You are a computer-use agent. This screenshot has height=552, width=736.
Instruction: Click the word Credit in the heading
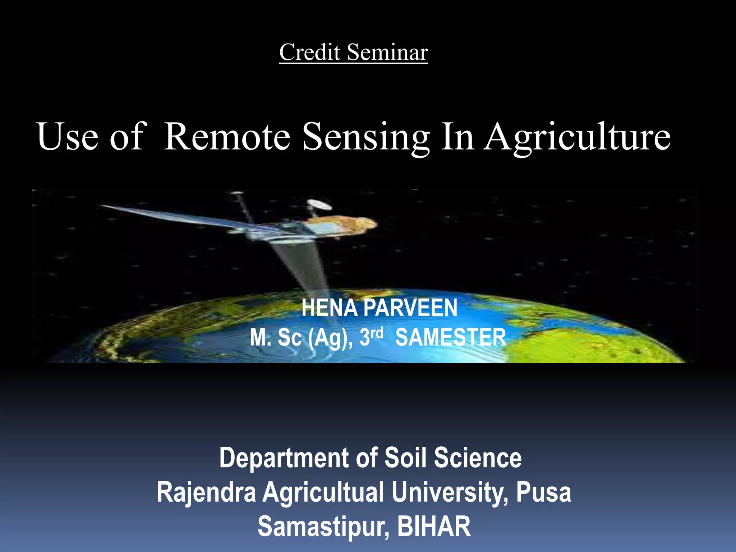(309, 52)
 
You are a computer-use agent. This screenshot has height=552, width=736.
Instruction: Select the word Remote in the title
(227, 137)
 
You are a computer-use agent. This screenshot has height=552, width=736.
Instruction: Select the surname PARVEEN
(410, 308)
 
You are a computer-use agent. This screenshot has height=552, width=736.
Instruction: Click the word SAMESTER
(451, 337)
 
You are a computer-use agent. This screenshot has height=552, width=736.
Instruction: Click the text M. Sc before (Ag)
(276, 337)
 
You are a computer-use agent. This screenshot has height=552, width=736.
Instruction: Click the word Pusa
(543, 492)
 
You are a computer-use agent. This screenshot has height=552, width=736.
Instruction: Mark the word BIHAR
(434, 526)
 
